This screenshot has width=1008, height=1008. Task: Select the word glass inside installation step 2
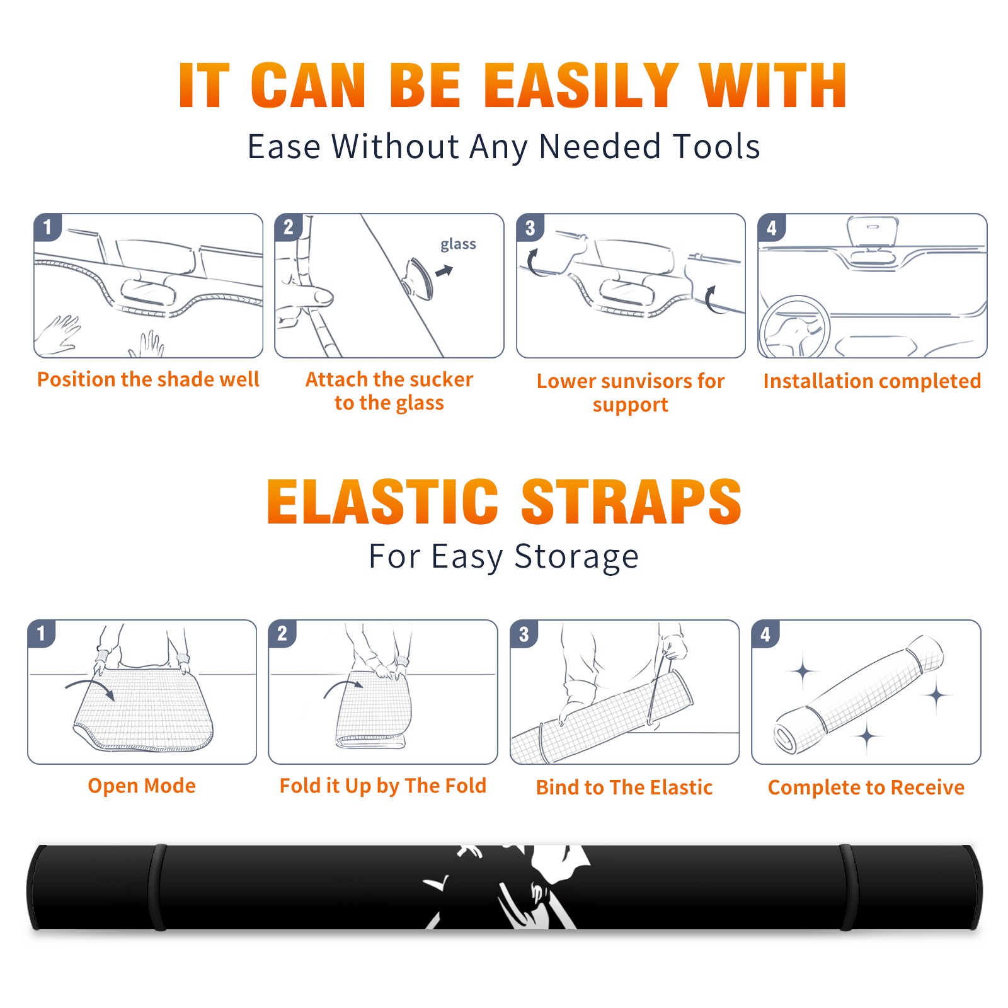[458, 244]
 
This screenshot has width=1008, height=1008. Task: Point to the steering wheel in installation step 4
[794, 326]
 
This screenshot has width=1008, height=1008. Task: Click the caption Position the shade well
[148, 379]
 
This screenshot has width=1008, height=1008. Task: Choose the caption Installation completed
[872, 381]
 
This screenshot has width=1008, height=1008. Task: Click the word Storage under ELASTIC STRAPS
[576, 557]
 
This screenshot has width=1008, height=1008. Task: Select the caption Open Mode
[142, 786]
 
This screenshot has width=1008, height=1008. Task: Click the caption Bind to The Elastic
[624, 787]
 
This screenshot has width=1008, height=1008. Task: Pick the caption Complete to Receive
[866, 787]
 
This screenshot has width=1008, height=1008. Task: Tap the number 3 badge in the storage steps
[524, 634]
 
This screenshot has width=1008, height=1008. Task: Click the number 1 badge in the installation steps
[48, 227]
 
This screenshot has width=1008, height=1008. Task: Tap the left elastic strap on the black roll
[158, 887]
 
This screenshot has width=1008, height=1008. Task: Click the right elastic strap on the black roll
[847, 887]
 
